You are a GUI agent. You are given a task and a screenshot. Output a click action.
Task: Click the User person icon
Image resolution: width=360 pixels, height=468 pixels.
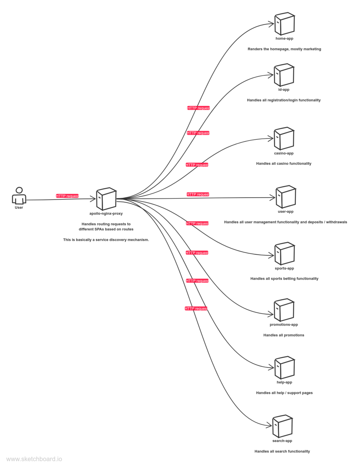click(19, 196)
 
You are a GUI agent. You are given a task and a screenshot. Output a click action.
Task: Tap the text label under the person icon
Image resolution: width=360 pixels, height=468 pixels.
click(19, 208)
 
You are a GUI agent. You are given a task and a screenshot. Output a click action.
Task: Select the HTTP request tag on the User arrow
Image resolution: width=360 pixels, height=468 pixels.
click(68, 196)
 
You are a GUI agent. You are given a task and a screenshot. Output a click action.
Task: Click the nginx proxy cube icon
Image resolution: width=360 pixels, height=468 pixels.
click(106, 199)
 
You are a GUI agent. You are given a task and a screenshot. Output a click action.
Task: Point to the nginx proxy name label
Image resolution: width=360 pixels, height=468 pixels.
click(106, 214)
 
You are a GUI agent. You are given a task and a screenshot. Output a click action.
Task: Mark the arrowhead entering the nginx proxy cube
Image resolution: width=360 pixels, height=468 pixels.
click(94, 199)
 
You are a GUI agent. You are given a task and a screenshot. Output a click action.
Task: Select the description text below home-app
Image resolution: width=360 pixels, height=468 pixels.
click(284, 49)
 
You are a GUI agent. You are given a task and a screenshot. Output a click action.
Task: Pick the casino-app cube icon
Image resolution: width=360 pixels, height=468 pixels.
click(284, 139)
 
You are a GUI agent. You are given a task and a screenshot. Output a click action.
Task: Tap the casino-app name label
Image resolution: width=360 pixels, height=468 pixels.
click(284, 153)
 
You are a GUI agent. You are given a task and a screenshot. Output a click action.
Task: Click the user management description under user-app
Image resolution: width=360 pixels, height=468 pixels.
click(286, 222)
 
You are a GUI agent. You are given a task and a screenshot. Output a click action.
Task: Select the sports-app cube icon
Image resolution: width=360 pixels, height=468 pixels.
click(284, 254)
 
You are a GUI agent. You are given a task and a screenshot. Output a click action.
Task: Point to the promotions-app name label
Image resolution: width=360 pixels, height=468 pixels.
click(284, 325)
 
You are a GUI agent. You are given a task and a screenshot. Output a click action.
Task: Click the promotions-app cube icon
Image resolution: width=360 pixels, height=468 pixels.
click(284, 310)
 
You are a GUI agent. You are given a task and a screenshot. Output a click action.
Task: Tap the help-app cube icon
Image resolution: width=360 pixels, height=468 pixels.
click(284, 368)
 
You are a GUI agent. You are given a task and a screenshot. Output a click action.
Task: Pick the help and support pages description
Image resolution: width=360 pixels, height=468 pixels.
click(284, 393)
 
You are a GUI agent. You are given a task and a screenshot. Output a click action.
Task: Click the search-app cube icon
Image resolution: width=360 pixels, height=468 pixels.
click(283, 426)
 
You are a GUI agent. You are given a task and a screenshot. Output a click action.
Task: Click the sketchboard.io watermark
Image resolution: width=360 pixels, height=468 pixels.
click(34, 459)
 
